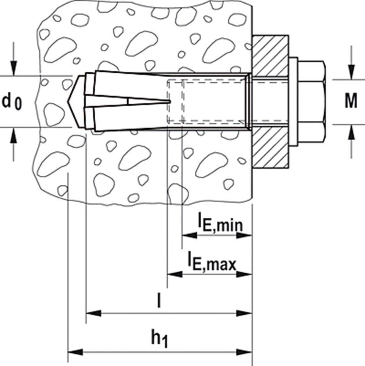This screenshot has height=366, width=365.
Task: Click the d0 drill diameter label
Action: pos(12,102)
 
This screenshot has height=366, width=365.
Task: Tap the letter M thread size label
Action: pos(351,101)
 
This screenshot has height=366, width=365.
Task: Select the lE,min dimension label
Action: pos(220,221)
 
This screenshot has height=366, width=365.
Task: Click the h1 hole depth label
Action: pos(160,339)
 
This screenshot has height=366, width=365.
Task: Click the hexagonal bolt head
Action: pos(311,102)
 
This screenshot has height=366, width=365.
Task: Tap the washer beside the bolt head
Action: pos(293,102)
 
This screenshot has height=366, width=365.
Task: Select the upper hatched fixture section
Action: pos(271,56)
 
